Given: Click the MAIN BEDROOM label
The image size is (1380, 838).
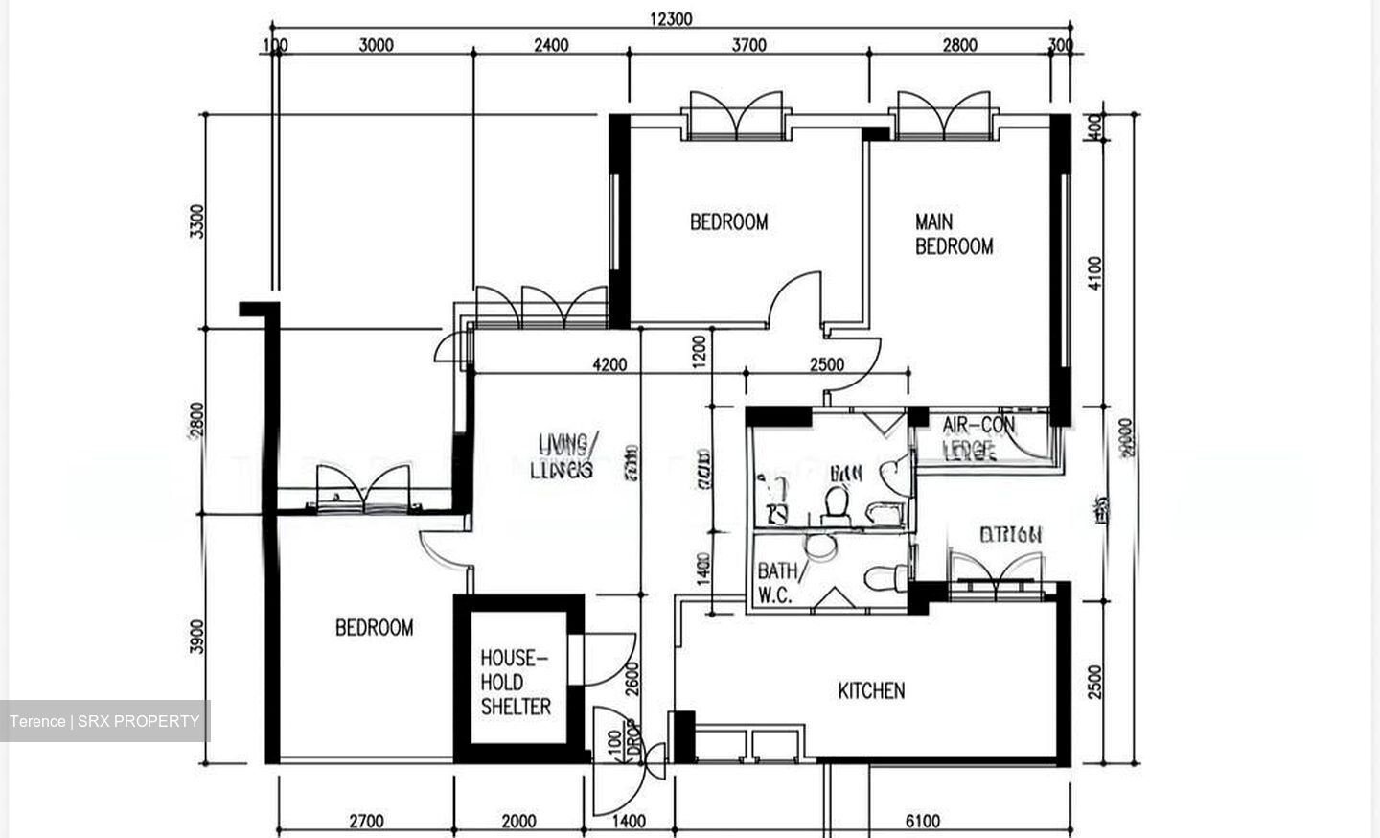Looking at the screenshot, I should (953, 234).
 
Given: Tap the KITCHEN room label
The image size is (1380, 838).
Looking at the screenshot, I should (871, 690).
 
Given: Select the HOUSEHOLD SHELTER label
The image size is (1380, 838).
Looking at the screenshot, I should (516, 682).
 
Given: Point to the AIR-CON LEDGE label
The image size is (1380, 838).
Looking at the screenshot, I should (977, 437).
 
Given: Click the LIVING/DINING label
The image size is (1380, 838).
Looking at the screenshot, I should (567, 455).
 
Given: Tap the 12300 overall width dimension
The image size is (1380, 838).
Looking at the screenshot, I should (671, 18).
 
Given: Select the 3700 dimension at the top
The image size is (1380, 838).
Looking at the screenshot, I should (748, 45).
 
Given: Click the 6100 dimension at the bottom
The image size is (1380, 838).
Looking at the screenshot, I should (922, 821).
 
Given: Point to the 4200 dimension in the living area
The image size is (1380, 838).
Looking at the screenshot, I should (609, 364).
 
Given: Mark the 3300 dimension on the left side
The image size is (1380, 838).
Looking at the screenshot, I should (197, 221).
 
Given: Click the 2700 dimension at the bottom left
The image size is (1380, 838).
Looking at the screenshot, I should (366, 821).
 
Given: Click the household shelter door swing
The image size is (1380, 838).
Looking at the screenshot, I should (609, 660).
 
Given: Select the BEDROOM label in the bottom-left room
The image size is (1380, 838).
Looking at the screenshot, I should (374, 628).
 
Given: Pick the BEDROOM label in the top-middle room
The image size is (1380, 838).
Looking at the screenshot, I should (728, 222).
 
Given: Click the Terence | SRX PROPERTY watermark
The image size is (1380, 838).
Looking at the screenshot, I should (104, 721).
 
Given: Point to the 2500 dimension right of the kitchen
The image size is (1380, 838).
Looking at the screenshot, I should (1095, 681).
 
